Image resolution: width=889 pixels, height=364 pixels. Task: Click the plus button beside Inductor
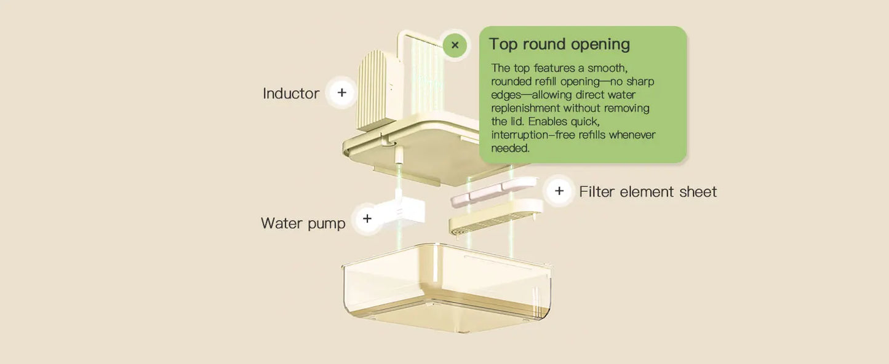(341, 93)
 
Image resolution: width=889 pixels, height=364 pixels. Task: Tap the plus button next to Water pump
(367, 219)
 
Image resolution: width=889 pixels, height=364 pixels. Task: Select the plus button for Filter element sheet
(559, 191)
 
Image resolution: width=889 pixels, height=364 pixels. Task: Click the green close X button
(455, 45)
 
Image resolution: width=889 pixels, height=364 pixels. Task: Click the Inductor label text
(290, 93)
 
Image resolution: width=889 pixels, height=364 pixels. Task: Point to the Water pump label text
(303, 223)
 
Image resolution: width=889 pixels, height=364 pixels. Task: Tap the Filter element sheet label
(647, 192)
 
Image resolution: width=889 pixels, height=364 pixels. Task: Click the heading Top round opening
(559, 44)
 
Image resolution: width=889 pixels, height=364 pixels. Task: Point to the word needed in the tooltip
(510, 148)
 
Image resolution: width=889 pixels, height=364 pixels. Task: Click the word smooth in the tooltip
(607, 68)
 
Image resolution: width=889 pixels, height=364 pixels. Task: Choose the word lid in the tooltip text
(514, 122)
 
